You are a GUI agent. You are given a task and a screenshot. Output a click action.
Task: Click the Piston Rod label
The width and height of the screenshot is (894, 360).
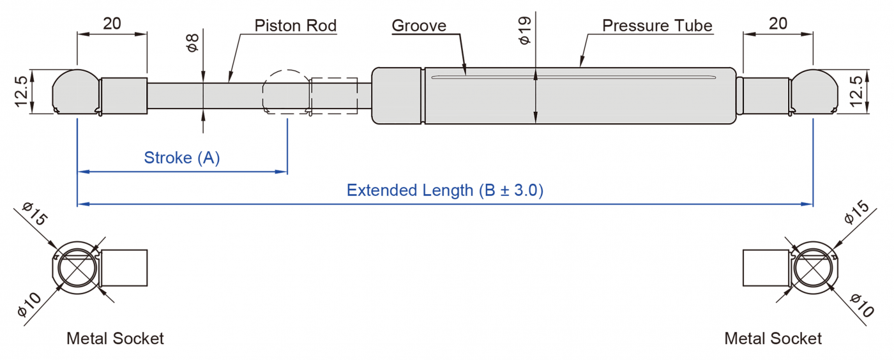point(295,26)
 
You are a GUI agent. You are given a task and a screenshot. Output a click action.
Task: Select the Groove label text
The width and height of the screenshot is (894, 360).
point(418,26)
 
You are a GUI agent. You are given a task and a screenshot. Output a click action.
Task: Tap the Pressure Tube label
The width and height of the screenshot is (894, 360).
point(657,26)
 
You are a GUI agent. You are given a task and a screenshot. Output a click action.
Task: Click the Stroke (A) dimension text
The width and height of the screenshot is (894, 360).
point(182,158)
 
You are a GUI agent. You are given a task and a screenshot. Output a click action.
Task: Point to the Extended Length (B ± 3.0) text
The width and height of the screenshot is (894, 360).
point(444,190)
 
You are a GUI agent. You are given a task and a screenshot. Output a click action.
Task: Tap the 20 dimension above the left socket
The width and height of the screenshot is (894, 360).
point(112,24)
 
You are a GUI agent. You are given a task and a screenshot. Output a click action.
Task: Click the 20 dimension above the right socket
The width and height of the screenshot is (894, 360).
point(778,24)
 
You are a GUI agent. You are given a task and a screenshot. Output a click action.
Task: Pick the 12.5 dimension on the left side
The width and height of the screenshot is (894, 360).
point(22,91)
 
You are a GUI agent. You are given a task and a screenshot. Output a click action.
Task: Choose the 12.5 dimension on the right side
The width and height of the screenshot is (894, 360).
point(857,91)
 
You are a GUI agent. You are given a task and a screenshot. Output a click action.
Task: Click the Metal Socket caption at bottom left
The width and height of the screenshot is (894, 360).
point(115,338)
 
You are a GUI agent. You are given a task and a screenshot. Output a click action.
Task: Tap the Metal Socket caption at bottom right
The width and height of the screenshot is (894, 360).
point(773,338)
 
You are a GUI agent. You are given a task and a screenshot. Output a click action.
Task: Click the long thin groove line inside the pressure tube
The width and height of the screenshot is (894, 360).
point(572,79)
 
